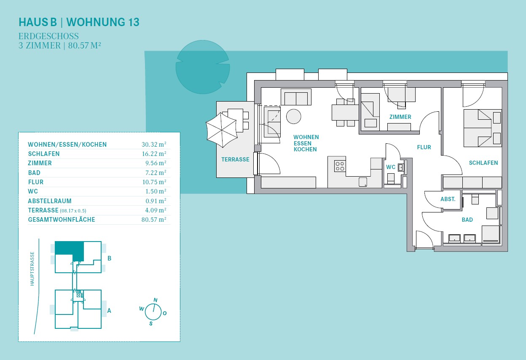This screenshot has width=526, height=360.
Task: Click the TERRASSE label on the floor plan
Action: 235,159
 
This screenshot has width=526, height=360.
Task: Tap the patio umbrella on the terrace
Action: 221,130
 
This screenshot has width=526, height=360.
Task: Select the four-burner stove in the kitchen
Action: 340,166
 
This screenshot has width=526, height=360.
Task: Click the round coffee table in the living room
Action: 293,116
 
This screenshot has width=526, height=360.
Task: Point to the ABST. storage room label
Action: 448,199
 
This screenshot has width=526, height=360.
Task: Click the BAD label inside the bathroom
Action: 467,220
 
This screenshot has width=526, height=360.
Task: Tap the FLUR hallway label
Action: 424,147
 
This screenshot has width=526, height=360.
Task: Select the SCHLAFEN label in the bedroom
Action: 483,163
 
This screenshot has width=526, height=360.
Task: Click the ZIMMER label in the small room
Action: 400,117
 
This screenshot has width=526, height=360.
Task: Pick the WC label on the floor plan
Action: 391,167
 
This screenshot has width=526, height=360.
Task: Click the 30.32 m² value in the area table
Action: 154,144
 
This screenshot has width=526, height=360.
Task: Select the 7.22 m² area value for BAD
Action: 156,172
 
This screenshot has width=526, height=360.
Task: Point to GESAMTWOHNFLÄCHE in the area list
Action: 62,220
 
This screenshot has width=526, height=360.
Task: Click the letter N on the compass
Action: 155,300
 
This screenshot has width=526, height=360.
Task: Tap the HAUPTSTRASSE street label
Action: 32,269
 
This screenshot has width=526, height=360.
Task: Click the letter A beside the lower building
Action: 109,311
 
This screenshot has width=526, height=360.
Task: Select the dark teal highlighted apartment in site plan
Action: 69,249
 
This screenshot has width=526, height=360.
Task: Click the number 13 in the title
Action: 134,22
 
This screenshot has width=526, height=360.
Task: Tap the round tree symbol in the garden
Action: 203,67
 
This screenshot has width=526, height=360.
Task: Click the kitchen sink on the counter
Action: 363,182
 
